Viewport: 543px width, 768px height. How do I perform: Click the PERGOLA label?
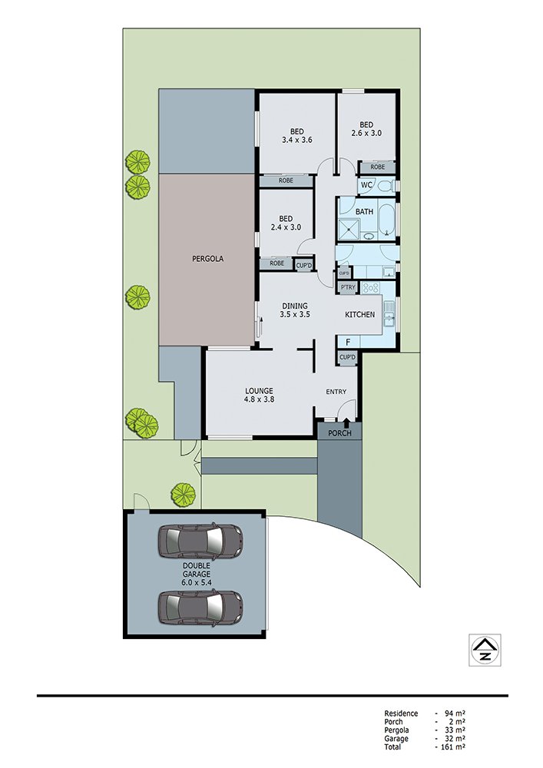[207, 259]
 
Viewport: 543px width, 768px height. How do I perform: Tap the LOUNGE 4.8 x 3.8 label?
[259, 395]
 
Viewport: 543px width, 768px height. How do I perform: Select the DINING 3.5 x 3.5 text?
[295, 310]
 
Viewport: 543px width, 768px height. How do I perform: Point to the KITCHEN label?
[360, 314]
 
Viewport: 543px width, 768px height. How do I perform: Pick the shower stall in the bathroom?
[349, 230]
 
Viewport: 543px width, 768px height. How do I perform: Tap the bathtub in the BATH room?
[387, 219]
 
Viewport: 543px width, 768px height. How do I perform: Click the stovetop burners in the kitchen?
[371, 287]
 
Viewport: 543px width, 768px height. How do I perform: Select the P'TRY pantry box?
[348, 287]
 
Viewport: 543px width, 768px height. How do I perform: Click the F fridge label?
[348, 343]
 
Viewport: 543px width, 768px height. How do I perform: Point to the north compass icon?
[485, 650]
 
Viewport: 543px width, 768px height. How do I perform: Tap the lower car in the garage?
[200, 607]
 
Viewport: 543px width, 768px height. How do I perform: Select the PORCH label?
[339, 433]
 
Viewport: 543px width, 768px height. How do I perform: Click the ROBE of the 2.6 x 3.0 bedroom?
[378, 167]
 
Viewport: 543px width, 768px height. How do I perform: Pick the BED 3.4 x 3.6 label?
[296, 136]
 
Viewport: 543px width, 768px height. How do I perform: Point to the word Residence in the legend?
[401, 713]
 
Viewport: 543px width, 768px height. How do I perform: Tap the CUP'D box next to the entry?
[347, 358]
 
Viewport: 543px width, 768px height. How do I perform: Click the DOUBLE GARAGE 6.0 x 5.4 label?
[197, 574]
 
